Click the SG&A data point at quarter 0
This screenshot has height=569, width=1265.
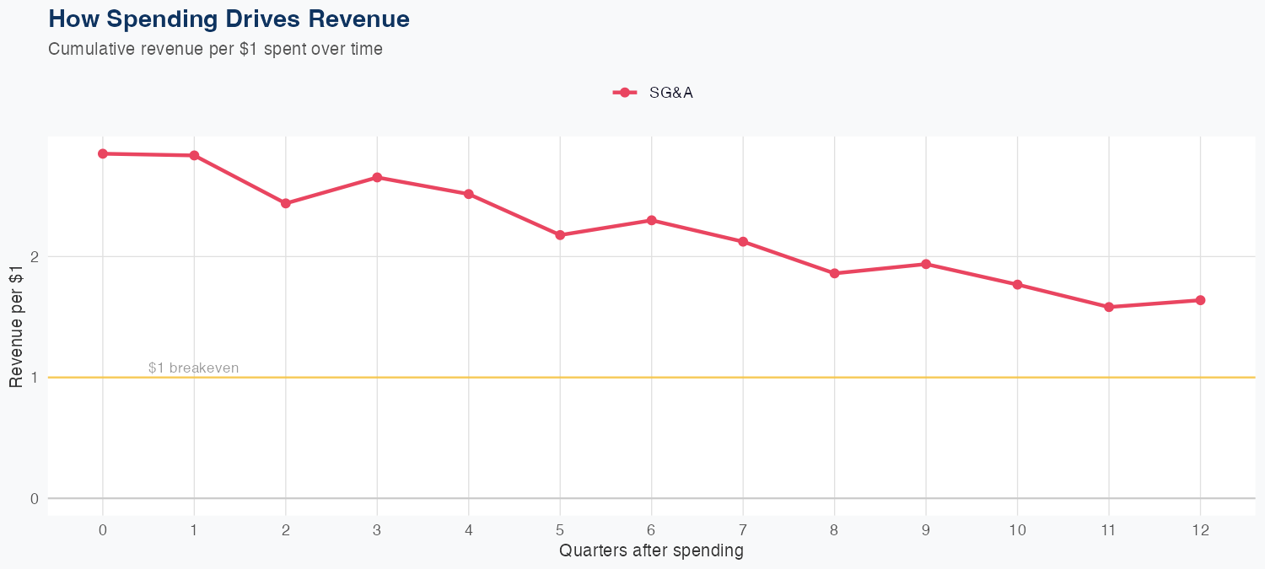[x=103, y=153]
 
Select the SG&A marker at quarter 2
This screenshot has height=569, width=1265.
[x=286, y=203]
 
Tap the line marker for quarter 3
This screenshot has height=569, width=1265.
[x=377, y=177]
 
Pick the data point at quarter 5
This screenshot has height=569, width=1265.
[x=560, y=234]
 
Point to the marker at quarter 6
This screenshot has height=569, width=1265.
[x=651, y=220]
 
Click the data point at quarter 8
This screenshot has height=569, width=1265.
[x=834, y=273]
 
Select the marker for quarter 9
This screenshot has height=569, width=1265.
[x=926, y=264]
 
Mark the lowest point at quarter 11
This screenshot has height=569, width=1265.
[x=1108, y=307]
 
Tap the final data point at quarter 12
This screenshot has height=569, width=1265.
[x=1200, y=300]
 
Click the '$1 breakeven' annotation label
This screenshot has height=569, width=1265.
[x=193, y=368]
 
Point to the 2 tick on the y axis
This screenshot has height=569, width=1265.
[x=35, y=256]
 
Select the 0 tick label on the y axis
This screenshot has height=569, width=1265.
[x=35, y=498]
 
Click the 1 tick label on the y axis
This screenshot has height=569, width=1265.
[x=35, y=378]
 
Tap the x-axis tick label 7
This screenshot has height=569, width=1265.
[x=743, y=530]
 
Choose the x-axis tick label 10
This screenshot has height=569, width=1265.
[x=1017, y=530]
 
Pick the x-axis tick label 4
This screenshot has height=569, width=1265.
[x=468, y=530]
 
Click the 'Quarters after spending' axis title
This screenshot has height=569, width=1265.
[x=651, y=551]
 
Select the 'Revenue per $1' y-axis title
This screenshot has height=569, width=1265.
[x=16, y=326]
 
